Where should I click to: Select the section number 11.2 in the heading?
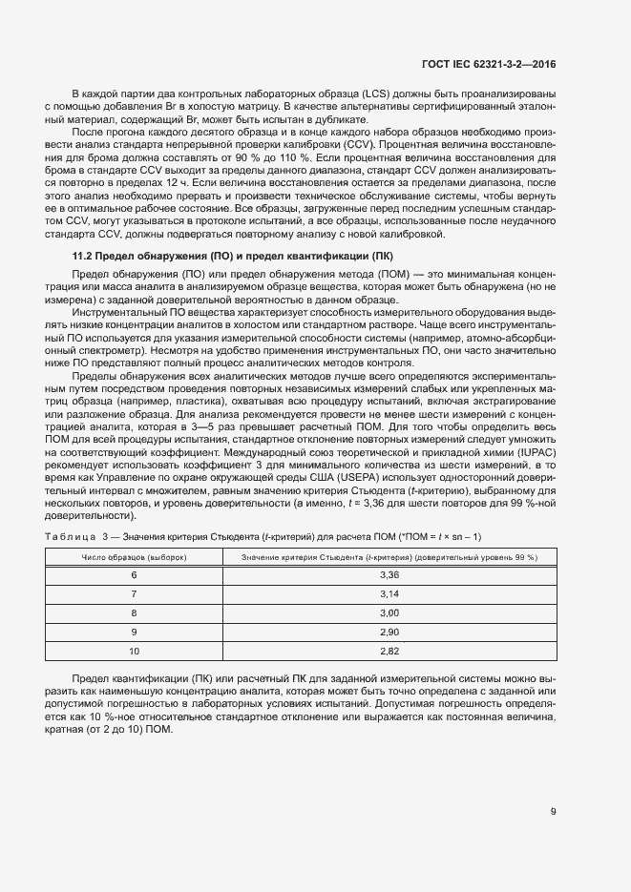click(84, 258)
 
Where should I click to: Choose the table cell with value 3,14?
click(389, 593)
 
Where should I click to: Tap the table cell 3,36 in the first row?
click(389, 575)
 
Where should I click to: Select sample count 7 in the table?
click(134, 593)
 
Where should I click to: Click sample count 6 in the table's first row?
click(134, 575)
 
